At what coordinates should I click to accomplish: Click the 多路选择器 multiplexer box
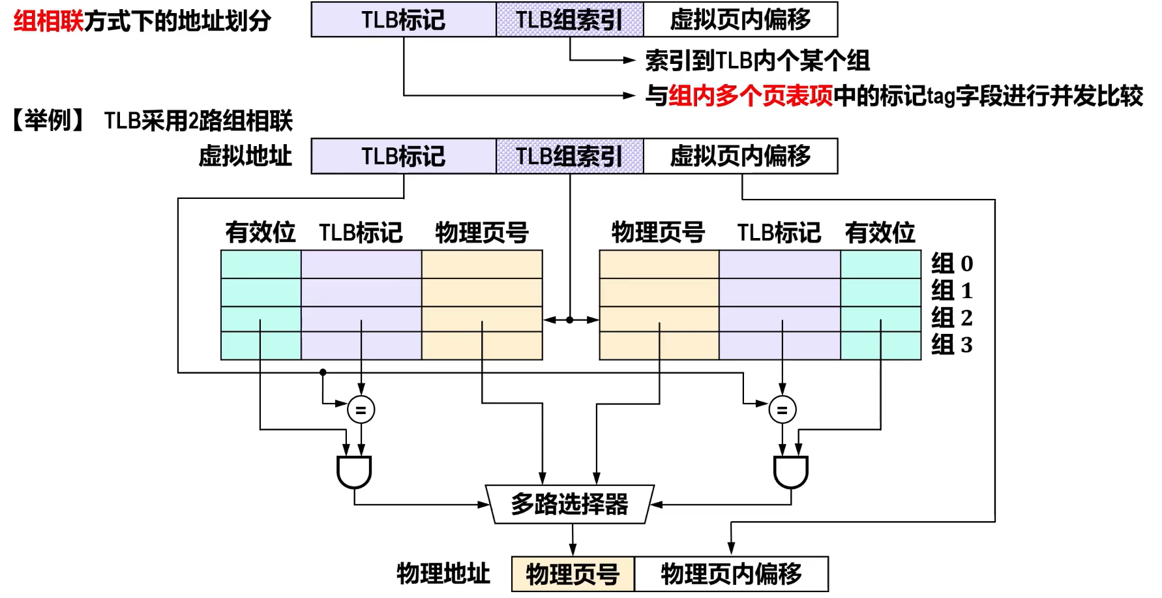pos(570,504)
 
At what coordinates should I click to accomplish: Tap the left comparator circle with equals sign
pos(361,410)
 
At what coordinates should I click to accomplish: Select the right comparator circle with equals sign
pos(782,410)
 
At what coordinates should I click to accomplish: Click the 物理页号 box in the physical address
pos(573,574)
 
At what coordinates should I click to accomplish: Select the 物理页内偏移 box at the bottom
pos(732,574)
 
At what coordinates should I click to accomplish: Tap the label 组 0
pos(952,263)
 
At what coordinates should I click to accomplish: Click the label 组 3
pos(952,344)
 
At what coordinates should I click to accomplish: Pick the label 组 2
pos(952,318)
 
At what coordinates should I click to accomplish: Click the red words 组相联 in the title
pos(48,21)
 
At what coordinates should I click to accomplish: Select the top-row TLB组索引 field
pos(570,20)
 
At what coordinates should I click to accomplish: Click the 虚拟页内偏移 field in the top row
pos(741,20)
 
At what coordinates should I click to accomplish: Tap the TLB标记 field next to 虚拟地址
pos(404,156)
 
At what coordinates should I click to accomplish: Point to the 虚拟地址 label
pos(245,157)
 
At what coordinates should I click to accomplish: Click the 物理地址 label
pos(443,574)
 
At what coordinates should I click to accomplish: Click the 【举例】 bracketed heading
pos(48,121)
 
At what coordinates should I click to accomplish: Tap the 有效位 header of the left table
pos(260,232)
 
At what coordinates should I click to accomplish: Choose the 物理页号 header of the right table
pos(659,232)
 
